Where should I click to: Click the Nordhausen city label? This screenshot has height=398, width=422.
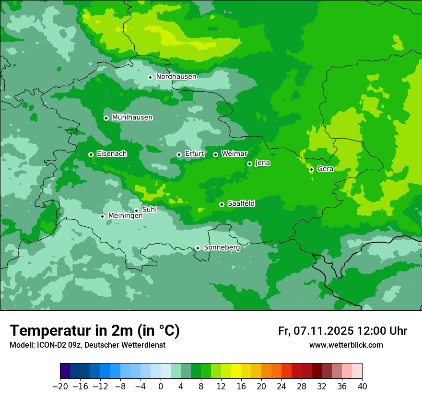176,77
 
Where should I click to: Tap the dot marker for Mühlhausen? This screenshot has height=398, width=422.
106,118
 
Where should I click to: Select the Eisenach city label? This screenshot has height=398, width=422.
112,154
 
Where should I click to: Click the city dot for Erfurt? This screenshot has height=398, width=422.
179,154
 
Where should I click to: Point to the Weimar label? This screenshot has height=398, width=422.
234,154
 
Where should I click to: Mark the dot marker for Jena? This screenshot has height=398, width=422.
249,164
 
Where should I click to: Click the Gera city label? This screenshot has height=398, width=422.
325,169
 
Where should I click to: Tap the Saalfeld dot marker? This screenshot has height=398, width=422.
222,204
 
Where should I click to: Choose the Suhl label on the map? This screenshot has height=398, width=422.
150,210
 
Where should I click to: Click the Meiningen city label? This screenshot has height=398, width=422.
126,216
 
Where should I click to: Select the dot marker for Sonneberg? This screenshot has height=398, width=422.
198,248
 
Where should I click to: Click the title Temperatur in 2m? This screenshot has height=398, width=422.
95,330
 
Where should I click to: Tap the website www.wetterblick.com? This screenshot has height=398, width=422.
346,345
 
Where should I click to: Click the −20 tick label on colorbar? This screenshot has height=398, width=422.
60,386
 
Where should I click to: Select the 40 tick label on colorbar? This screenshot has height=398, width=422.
362,386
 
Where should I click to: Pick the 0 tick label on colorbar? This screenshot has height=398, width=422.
161,386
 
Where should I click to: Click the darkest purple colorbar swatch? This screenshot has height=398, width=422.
65,371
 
